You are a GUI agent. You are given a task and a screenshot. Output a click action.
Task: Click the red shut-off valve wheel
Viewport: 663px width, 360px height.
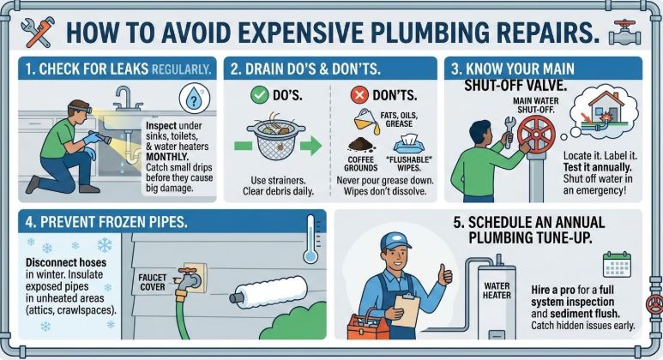(536, 134)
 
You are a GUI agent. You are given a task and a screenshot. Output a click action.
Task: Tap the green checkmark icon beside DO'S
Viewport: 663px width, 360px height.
(259, 94)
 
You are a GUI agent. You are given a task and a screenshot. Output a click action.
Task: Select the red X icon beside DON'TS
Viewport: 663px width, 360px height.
(359, 95)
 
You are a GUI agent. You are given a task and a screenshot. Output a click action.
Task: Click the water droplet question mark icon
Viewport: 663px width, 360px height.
(194, 99)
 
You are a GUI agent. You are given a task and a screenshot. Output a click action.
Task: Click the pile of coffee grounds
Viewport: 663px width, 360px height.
(361, 145)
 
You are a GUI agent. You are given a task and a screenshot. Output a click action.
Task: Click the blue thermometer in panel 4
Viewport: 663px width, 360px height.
(310, 239)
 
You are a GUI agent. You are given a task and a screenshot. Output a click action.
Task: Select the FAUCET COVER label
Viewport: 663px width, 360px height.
(152, 282)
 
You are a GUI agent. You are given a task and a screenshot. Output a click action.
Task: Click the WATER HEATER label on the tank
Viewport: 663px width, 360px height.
(497, 291)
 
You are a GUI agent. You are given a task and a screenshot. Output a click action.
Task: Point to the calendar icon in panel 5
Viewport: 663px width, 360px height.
(617, 265)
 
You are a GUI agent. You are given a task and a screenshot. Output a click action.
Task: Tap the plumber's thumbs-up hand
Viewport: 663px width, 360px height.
(444, 274)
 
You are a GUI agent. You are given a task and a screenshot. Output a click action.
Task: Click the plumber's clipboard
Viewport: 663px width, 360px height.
(405, 310)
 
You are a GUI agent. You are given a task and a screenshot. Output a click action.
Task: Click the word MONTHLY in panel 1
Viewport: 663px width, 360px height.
(167, 157)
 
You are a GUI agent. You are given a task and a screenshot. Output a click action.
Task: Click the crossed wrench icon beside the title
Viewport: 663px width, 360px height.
(38, 32)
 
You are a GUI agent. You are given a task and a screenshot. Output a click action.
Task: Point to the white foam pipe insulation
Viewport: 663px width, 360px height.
(269, 292)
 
